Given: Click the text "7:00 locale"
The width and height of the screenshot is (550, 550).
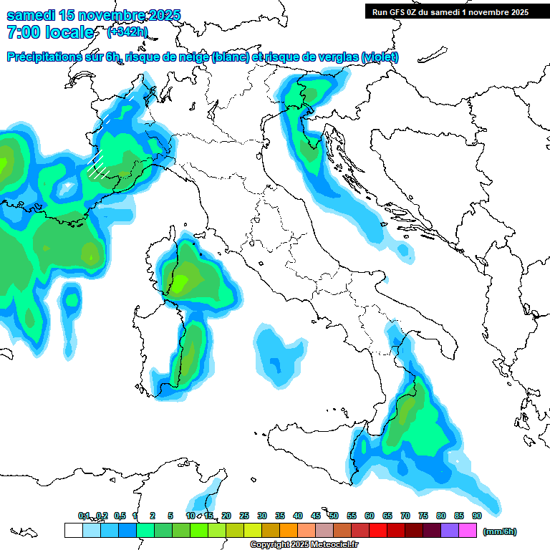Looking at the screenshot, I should tap(50, 32).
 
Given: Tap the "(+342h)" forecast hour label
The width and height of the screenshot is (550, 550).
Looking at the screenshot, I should tap(127, 32).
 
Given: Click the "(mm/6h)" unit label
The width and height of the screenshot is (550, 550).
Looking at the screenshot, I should tap(500, 531).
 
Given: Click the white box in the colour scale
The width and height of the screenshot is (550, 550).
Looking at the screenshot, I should tap(73, 531).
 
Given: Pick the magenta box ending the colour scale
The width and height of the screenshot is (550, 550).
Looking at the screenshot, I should tap(468, 531).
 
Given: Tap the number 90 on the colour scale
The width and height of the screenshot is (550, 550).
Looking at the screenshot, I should tap(477, 516).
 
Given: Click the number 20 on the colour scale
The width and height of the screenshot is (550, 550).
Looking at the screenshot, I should tap(226, 516).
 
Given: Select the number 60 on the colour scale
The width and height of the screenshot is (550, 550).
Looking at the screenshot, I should tap(370, 516).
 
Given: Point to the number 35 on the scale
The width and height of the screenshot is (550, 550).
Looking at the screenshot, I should tap(280, 516).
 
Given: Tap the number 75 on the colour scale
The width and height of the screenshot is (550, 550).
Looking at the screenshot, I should tap(423, 516).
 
